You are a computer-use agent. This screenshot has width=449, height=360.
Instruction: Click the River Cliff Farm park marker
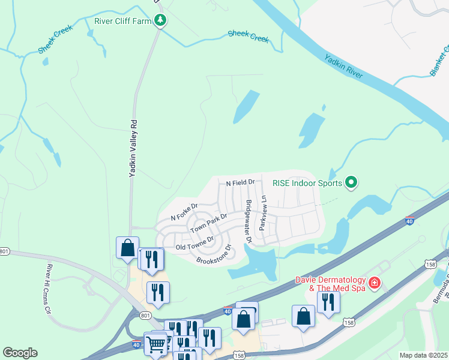(x=160, y=21)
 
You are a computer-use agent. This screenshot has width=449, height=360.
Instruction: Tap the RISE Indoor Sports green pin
(x=352, y=182)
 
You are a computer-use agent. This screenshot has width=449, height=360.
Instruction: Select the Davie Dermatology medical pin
(x=374, y=282)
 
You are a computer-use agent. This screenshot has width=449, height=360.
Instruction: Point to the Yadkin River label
(x=343, y=66)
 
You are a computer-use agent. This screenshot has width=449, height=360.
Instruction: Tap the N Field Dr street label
(x=241, y=182)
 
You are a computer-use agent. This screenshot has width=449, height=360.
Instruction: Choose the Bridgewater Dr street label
(x=247, y=221)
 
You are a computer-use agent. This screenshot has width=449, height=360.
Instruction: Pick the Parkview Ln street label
(x=262, y=213)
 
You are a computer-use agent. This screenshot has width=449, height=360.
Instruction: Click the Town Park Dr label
(x=209, y=224)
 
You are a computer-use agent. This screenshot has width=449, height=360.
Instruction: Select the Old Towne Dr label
(x=195, y=244)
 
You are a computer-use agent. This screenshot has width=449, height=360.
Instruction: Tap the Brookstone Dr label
(x=214, y=255)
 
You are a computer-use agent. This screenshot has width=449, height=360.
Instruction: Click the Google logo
(x=20, y=353)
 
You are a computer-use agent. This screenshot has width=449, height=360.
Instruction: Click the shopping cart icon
(x=156, y=344)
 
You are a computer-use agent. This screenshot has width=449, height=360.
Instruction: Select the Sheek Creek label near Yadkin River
(x=248, y=37)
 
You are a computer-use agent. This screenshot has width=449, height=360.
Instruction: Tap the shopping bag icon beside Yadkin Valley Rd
(x=128, y=247)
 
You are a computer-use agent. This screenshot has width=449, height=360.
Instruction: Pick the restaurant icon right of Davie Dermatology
(x=328, y=301)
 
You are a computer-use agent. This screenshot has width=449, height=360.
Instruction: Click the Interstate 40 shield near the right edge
(x=410, y=221)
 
